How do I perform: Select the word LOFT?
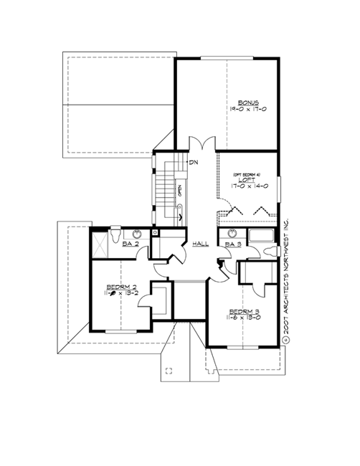click(248, 179)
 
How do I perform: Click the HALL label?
click(200, 244)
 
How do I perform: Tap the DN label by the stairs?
click(194, 163)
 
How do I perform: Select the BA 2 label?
click(131, 245)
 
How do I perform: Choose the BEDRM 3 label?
click(244, 311)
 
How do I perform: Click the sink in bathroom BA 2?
click(136, 234)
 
